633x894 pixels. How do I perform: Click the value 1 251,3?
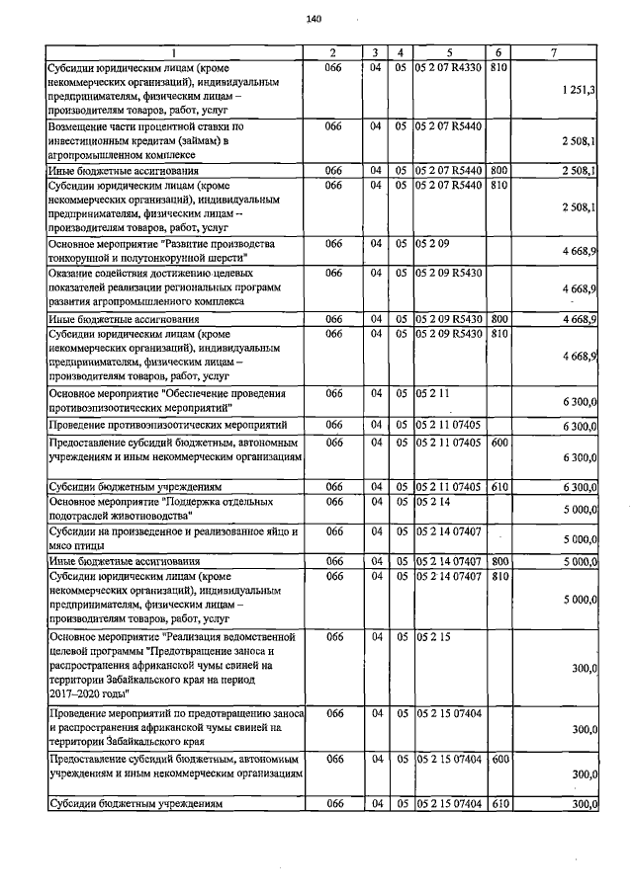pos(578,90)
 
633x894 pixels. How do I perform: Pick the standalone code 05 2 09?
pos(432,243)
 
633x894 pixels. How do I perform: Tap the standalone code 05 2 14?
pos(432,502)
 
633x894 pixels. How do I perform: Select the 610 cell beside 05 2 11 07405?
pos(498,487)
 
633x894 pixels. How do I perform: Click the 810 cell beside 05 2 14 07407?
pos(498,575)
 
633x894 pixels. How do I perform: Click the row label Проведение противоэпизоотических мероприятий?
pos(162,424)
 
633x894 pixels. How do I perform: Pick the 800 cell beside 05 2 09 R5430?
pos(498,319)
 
